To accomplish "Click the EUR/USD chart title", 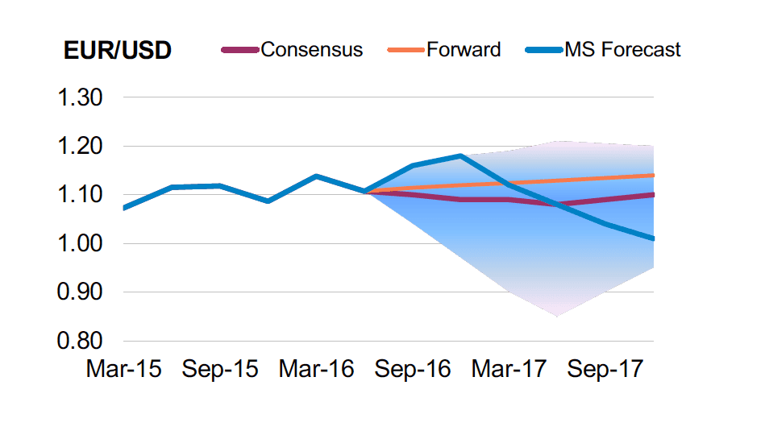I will [x=117, y=50].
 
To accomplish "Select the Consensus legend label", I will [x=311, y=50].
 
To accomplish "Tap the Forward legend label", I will [x=464, y=50].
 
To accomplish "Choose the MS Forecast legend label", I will [x=622, y=50].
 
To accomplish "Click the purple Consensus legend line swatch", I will [x=240, y=50].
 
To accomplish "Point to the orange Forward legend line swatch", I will [x=405, y=50].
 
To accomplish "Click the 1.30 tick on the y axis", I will [x=78, y=98].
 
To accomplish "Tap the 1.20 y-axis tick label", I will [x=78, y=147].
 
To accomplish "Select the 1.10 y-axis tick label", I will [x=78, y=195].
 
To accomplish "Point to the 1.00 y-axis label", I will [x=78, y=243].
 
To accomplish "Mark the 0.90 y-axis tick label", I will [x=78, y=292].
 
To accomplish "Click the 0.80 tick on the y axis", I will [x=78, y=341].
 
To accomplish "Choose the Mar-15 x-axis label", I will [x=123, y=369].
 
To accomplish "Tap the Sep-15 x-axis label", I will [x=220, y=369].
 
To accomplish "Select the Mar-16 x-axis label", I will [x=317, y=369].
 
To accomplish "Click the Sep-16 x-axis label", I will [x=413, y=369].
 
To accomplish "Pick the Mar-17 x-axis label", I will [x=509, y=369].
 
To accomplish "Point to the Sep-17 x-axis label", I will [x=605, y=369].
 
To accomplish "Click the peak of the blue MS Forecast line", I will [x=460, y=155].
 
